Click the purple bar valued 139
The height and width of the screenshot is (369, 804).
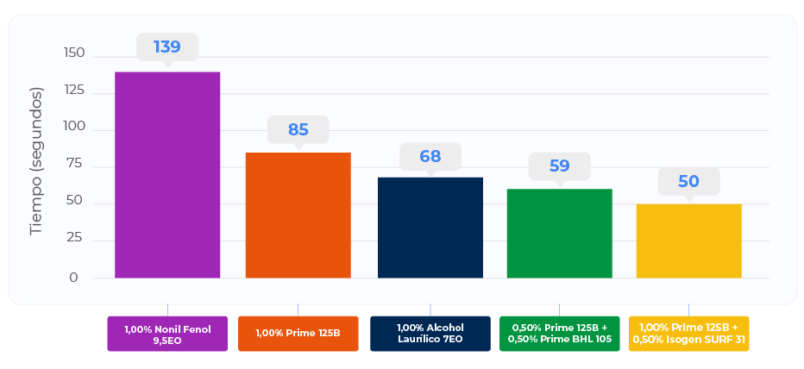[x=167, y=175]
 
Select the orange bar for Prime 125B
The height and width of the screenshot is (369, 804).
[x=298, y=216]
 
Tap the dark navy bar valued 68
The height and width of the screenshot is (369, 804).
[x=430, y=228]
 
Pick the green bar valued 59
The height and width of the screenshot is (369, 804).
[x=559, y=234]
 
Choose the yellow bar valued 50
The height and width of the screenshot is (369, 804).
[x=688, y=241]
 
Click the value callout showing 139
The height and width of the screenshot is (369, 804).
[x=167, y=47]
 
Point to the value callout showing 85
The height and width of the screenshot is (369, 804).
[x=298, y=129]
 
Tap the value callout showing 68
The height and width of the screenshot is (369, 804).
[x=430, y=156]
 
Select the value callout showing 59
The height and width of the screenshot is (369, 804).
[x=559, y=166]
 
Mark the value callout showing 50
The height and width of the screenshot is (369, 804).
[x=688, y=181]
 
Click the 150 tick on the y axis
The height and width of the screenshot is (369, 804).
[x=74, y=53]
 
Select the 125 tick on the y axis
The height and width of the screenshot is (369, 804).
[x=74, y=90]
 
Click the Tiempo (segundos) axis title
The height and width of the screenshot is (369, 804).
[x=36, y=160]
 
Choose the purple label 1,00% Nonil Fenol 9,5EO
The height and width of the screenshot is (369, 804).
[x=167, y=334]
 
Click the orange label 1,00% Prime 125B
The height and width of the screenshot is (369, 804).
[x=298, y=334]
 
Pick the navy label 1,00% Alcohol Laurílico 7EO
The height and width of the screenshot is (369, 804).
[x=430, y=334]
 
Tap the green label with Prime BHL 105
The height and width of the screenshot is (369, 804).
[x=559, y=334]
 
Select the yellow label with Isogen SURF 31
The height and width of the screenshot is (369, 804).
[x=688, y=334]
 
